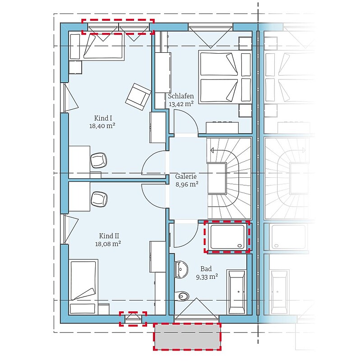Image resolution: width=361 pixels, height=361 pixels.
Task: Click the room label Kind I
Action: coord(103,118)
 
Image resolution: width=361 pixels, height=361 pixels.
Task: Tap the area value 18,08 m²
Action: coord(108,244)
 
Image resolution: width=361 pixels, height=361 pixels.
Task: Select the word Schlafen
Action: coord(181,96)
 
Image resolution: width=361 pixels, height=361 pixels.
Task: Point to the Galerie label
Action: coord(186,176)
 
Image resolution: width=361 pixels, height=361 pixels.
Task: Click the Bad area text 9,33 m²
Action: coord(207,277)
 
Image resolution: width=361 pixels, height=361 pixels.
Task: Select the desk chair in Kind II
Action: coord(99,199)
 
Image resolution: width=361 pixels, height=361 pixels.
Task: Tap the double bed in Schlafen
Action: coord(225,77)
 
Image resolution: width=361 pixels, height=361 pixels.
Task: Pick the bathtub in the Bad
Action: coord(236,292)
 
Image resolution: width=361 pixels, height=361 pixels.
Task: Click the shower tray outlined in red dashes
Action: coord(227,237)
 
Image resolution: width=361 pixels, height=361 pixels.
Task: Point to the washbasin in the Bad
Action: coord(181,269)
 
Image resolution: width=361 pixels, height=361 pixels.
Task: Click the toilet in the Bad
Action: coord(182,296)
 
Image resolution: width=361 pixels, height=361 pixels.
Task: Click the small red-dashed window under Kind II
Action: coord(133,319)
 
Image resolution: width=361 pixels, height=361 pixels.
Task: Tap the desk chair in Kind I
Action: coord(99,161)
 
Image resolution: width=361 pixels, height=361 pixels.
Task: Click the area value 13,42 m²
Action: coord(181,104)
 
